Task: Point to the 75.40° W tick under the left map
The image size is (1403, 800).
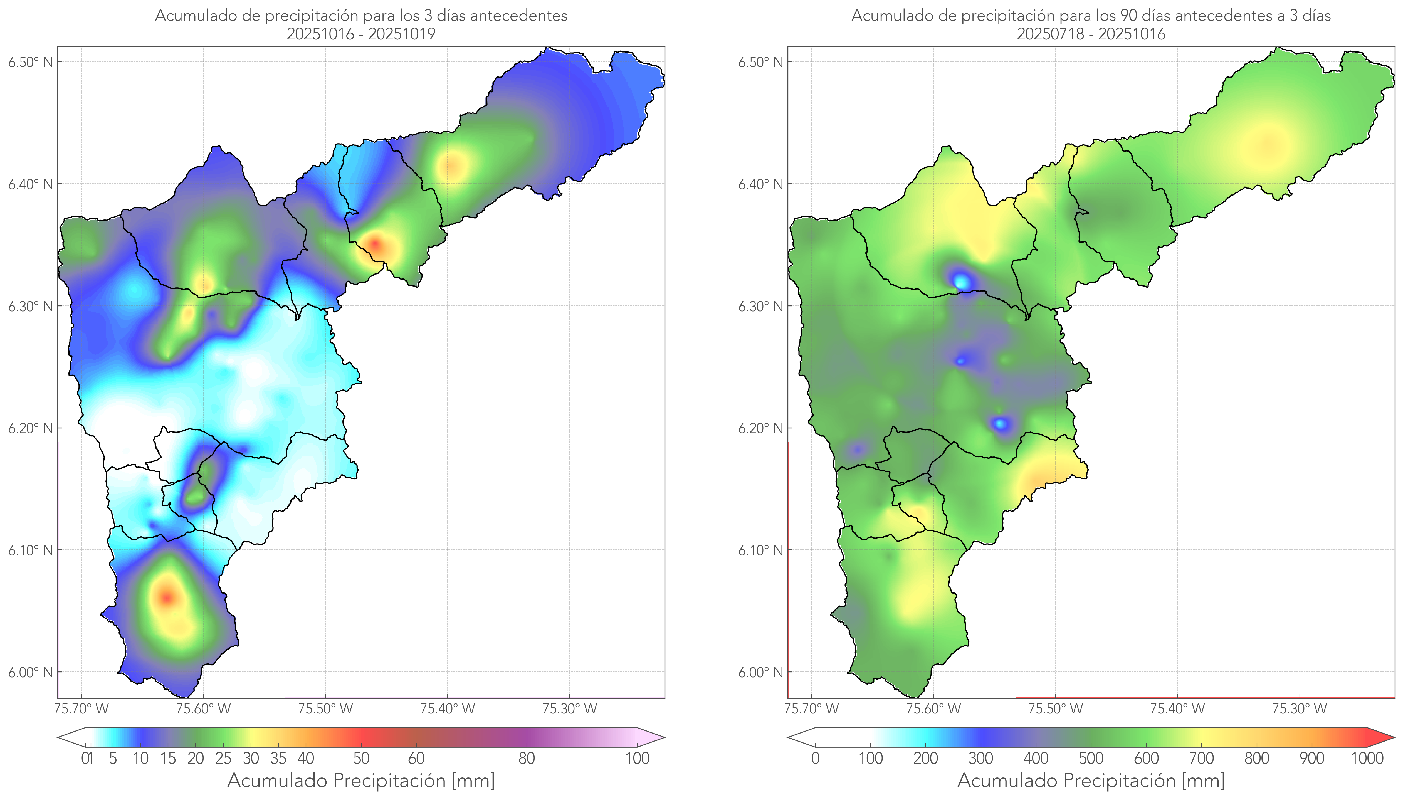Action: coord(447,709)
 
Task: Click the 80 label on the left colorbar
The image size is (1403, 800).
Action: coord(526,758)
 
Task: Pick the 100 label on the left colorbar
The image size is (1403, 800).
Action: coord(637,758)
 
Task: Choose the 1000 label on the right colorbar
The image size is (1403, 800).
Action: coord(1367,758)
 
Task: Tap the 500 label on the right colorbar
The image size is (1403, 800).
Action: coord(1091,758)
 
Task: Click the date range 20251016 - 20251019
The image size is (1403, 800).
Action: coord(361,34)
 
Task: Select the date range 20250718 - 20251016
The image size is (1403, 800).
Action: coord(1091,34)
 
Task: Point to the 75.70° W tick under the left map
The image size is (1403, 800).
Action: coord(81,709)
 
